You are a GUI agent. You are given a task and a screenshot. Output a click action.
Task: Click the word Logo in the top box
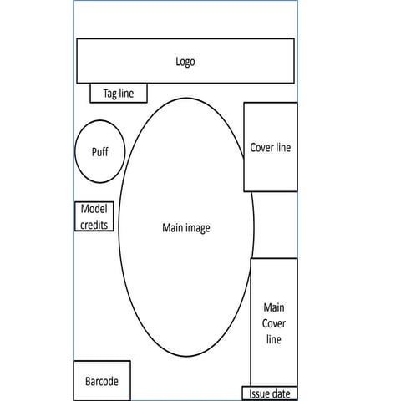click(x=185, y=62)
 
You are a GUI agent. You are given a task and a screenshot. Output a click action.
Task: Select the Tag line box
click(x=119, y=93)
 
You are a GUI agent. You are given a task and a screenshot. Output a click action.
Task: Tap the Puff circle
click(x=100, y=151)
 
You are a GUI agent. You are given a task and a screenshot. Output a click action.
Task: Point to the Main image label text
click(x=186, y=228)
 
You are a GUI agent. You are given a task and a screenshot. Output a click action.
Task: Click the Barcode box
click(x=102, y=381)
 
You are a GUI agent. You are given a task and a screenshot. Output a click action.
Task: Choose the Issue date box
click(x=270, y=393)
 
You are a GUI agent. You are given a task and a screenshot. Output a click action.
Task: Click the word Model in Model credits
click(x=94, y=209)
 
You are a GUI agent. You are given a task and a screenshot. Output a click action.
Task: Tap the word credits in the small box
click(x=94, y=225)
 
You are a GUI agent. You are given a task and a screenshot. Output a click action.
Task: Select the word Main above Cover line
click(x=274, y=307)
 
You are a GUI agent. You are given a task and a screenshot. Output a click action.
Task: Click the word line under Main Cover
click(x=274, y=339)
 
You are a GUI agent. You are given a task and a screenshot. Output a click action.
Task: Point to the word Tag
click(x=109, y=94)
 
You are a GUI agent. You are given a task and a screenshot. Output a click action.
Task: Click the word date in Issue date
click(x=279, y=394)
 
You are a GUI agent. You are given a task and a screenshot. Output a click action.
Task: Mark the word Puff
click(x=100, y=152)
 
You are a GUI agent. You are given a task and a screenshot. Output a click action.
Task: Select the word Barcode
click(x=102, y=381)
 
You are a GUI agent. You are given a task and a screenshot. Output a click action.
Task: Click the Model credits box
click(x=94, y=216)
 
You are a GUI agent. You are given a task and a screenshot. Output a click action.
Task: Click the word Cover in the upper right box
click(x=261, y=148)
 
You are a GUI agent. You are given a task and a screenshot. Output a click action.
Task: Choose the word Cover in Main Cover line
click(x=274, y=323)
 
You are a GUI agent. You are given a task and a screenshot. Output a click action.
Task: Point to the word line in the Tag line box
click(x=126, y=94)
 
